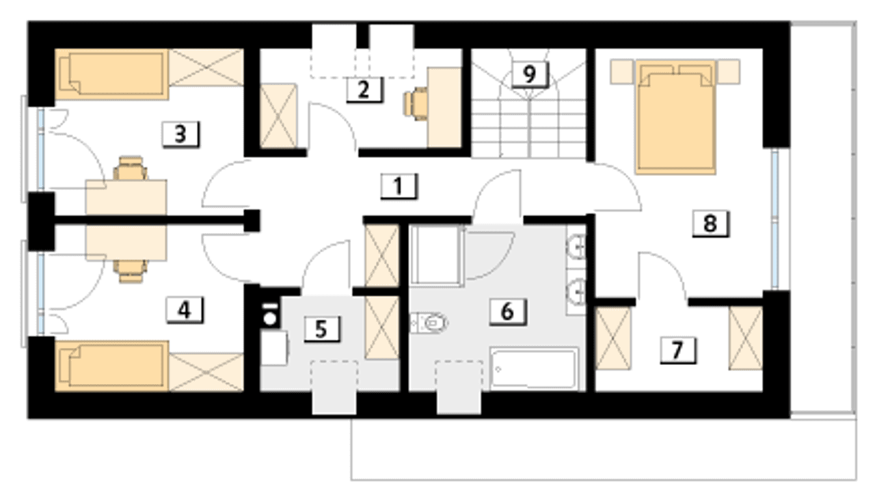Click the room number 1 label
[x=399, y=187]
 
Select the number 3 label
[x=180, y=135]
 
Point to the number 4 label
[x=185, y=310]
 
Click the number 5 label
[x=322, y=329]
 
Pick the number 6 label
[x=508, y=312]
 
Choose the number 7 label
[x=678, y=350]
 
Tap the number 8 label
[x=710, y=224]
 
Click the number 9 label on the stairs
[x=530, y=74]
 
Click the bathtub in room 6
[x=535, y=369]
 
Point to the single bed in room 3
[x=112, y=74]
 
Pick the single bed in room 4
[x=112, y=366]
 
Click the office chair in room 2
[x=416, y=104]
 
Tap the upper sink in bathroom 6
[x=576, y=247]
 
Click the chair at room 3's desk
[x=131, y=168]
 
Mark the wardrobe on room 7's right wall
[x=746, y=338]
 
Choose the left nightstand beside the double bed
[x=622, y=72]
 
